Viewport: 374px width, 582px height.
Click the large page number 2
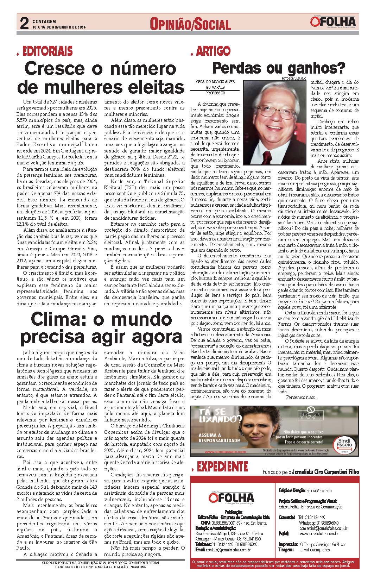pyautogui.click(x=24, y=24)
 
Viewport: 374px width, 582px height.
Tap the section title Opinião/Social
pyautogui.click(x=190, y=24)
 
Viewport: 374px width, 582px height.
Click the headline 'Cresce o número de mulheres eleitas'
pyautogui.click(x=100, y=77)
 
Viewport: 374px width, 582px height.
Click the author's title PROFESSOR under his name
pyautogui.click(x=215, y=93)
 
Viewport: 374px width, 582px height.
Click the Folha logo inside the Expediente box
pyautogui.click(x=231, y=498)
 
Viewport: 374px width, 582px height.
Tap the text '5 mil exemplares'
pyautogui.click(x=315, y=550)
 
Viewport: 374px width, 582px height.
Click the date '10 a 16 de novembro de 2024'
pyautogui.click(x=59, y=27)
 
